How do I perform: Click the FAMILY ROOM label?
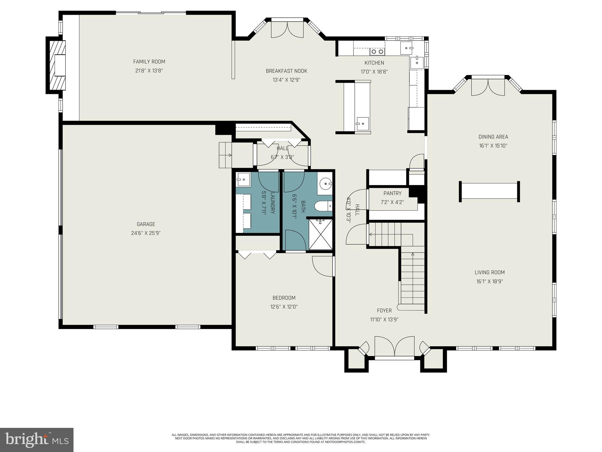(x=149, y=62)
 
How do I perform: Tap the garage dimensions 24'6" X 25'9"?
(x=146, y=233)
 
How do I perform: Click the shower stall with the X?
(x=320, y=235)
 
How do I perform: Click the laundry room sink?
(x=243, y=180)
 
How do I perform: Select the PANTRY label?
(x=392, y=193)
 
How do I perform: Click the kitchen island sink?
(x=362, y=123)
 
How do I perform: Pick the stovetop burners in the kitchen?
(x=377, y=52)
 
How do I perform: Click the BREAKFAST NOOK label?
(x=286, y=71)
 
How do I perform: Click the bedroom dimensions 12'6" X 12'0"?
(x=284, y=307)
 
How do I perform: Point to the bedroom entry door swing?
(x=322, y=266)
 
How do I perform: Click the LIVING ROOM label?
(x=489, y=272)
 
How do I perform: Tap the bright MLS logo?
(x=37, y=440)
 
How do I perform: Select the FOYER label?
(x=384, y=310)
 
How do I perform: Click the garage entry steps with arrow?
(x=225, y=155)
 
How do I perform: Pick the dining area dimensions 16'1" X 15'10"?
(x=493, y=146)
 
